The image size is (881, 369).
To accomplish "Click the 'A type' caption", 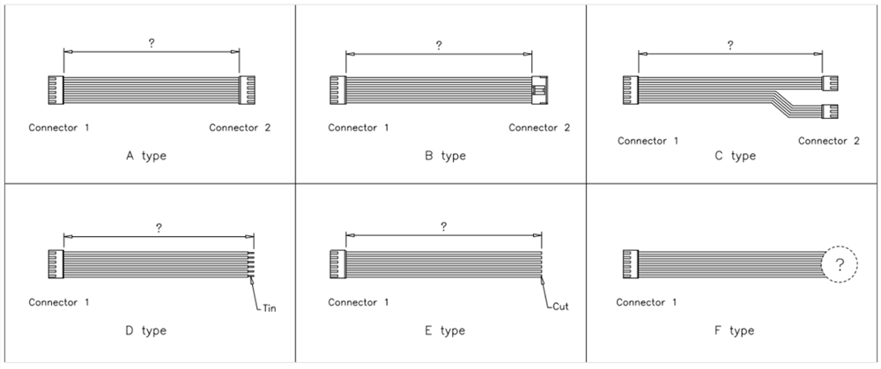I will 146,156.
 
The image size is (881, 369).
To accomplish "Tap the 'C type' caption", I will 735,156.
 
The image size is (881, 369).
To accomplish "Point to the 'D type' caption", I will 146,330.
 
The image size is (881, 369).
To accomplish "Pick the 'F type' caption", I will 735,330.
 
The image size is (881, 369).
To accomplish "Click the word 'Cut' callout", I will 560,307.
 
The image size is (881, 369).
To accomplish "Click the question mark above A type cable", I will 152,43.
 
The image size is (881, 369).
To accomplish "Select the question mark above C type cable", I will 729,45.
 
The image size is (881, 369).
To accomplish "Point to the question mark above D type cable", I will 159,228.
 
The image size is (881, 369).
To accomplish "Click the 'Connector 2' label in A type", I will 240,128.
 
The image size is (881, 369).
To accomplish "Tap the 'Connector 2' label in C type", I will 829,141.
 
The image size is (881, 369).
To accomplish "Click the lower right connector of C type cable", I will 830,112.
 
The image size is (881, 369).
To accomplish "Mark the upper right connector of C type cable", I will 830,84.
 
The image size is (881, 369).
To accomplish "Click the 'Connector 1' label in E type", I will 359,303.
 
